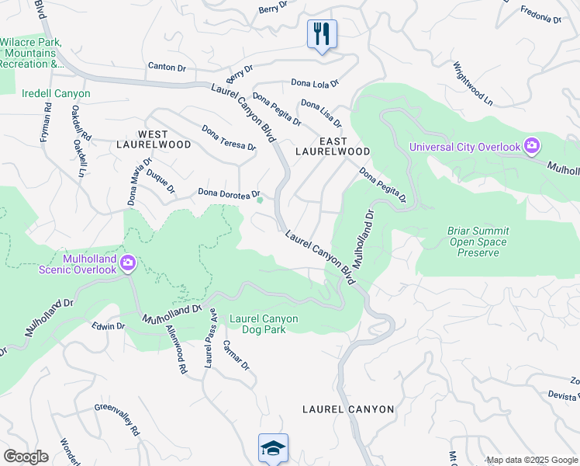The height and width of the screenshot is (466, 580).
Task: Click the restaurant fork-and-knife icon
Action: pyautogui.click(x=322, y=34)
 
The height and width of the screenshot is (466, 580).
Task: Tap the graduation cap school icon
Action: pyautogui.click(x=273, y=448)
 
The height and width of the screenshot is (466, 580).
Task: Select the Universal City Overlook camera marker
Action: pyautogui.click(x=532, y=146)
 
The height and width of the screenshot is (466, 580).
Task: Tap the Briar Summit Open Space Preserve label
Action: pyautogui.click(x=477, y=242)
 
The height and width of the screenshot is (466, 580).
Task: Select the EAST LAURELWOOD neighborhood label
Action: pyautogui.click(x=333, y=146)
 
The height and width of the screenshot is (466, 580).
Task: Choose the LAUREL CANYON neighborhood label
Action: pyautogui.click(x=348, y=409)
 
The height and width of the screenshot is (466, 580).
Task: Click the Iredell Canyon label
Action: pyautogui.click(x=57, y=94)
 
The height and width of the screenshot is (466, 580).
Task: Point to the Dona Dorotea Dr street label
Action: pyautogui.click(x=228, y=193)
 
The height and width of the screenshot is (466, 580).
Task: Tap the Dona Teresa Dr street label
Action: pyautogui.click(x=228, y=137)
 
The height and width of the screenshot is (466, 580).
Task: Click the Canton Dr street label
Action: pyautogui.click(x=167, y=68)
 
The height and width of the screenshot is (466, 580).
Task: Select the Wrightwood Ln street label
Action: pyautogui.click(x=473, y=84)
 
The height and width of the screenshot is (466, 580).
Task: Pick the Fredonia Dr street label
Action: pyautogui.click(x=541, y=16)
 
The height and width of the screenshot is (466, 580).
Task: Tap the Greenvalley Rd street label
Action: pyautogui.click(x=117, y=419)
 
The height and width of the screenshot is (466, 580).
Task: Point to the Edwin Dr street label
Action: pyautogui.click(x=108, y=326)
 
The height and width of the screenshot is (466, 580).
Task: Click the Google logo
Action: pyautogui.click(x=26, y=457)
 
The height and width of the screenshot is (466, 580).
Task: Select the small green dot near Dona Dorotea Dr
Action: pyautogui.click(x=260, y=200)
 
